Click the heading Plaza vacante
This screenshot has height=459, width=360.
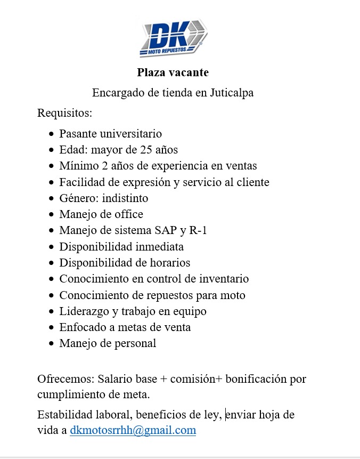[173, 72]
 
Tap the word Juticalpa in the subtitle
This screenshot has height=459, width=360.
[231, 93]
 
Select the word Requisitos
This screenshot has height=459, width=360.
[64, 113]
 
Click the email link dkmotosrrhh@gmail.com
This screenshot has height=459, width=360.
[133, 430]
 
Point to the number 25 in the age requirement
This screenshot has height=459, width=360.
[146, 149]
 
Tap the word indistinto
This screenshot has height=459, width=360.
[126, 198]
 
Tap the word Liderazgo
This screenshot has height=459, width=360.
[84, 311]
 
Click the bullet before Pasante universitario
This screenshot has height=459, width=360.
[51, 134]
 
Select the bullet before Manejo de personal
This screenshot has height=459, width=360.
[51, 344]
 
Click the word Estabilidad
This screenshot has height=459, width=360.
[63, 415]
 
